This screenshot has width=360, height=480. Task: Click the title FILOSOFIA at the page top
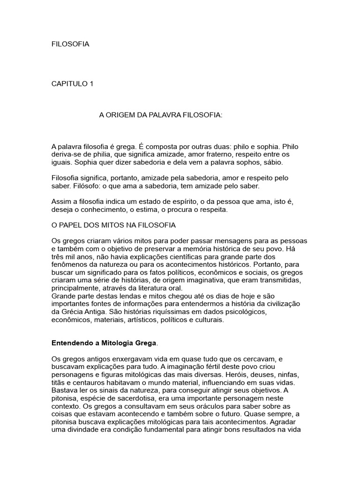pyautogui.click(x=70, y=44)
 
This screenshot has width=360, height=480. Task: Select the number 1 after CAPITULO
pyautogui.click(x=91, y=84)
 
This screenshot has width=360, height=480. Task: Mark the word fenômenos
pyautogui.click(x=68, y=264)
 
